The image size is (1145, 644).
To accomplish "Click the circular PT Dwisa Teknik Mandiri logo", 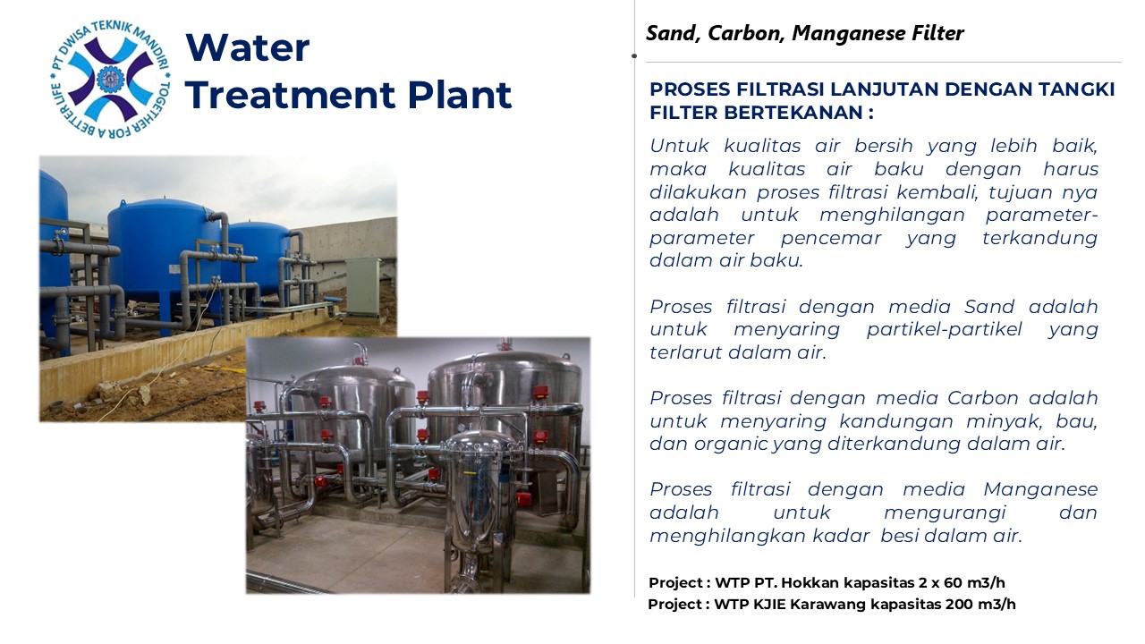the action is (110, 80).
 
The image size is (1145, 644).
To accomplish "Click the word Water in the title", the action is (248, 47).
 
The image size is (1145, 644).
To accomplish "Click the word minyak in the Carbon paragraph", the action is (1003, 421).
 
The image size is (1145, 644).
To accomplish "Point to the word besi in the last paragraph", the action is (899, 536).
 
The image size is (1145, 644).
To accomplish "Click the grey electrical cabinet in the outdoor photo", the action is (363, 287).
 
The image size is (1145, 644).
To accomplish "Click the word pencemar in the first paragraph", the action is (831, 238).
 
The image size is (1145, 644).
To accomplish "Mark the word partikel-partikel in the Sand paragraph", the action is (944, 330).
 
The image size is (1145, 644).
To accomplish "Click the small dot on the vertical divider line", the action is (634, 55).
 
